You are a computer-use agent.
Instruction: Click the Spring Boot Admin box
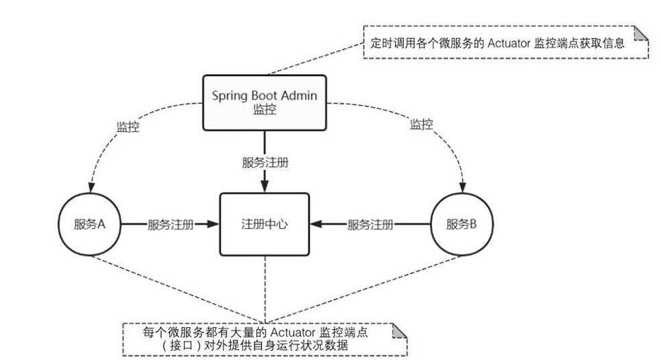(x=264, y=102)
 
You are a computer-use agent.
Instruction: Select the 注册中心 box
(x=264, y=225)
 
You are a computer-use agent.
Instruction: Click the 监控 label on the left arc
(x=128, y=127)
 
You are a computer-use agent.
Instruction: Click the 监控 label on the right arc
(x=421, y=125)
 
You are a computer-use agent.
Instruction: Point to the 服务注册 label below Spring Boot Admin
(x=265, y=163)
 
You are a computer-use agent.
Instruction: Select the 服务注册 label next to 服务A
(x=170, y=225)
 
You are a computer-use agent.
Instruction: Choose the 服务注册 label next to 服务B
(x=370, y=225)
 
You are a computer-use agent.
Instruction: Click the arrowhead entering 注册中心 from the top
(x=265, y=187)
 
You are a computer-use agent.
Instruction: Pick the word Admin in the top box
(x=299, y=95)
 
